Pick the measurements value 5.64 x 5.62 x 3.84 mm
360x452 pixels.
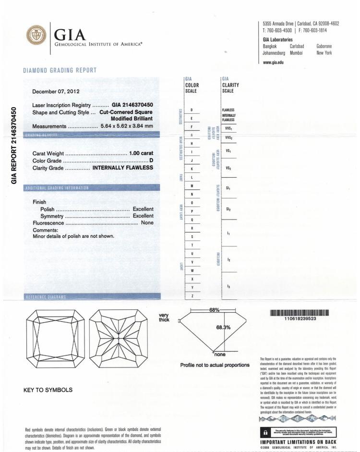127,126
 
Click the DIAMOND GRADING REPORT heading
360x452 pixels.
60,71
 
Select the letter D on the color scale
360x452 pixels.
192,110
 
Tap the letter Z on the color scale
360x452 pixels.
192,296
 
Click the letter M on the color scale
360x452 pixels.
192,185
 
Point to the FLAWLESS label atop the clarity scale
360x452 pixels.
228,110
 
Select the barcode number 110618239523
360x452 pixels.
300,318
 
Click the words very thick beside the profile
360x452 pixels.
164,318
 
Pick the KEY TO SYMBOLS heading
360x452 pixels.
48,390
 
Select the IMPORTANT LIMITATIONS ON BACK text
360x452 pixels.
298,442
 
